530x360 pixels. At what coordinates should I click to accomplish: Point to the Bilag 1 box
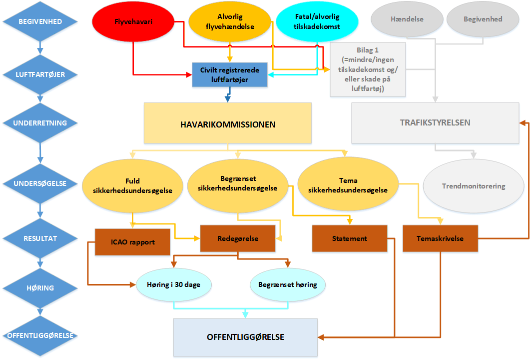pos(368,69)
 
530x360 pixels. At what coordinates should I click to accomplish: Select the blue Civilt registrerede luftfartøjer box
pos(230,74)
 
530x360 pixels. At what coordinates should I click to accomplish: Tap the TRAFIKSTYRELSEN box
pos(435,123)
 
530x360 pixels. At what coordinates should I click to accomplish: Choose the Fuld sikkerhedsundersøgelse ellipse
pos(132,185)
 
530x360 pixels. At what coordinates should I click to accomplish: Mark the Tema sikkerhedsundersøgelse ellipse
pos(348,185)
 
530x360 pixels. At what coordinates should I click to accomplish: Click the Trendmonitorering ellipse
pos(473,186)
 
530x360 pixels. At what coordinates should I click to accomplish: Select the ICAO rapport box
pos(132,242)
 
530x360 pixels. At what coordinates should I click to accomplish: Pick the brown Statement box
pos(350,239)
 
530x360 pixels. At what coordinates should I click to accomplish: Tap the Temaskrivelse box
pos(440,239)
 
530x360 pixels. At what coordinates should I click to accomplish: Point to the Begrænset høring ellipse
pos(287,285)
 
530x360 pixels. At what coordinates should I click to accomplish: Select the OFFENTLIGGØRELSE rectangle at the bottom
pos(245,337)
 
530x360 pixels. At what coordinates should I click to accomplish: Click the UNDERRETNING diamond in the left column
pos(40,123)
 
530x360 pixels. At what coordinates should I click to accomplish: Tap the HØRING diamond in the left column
pos(40,288)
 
